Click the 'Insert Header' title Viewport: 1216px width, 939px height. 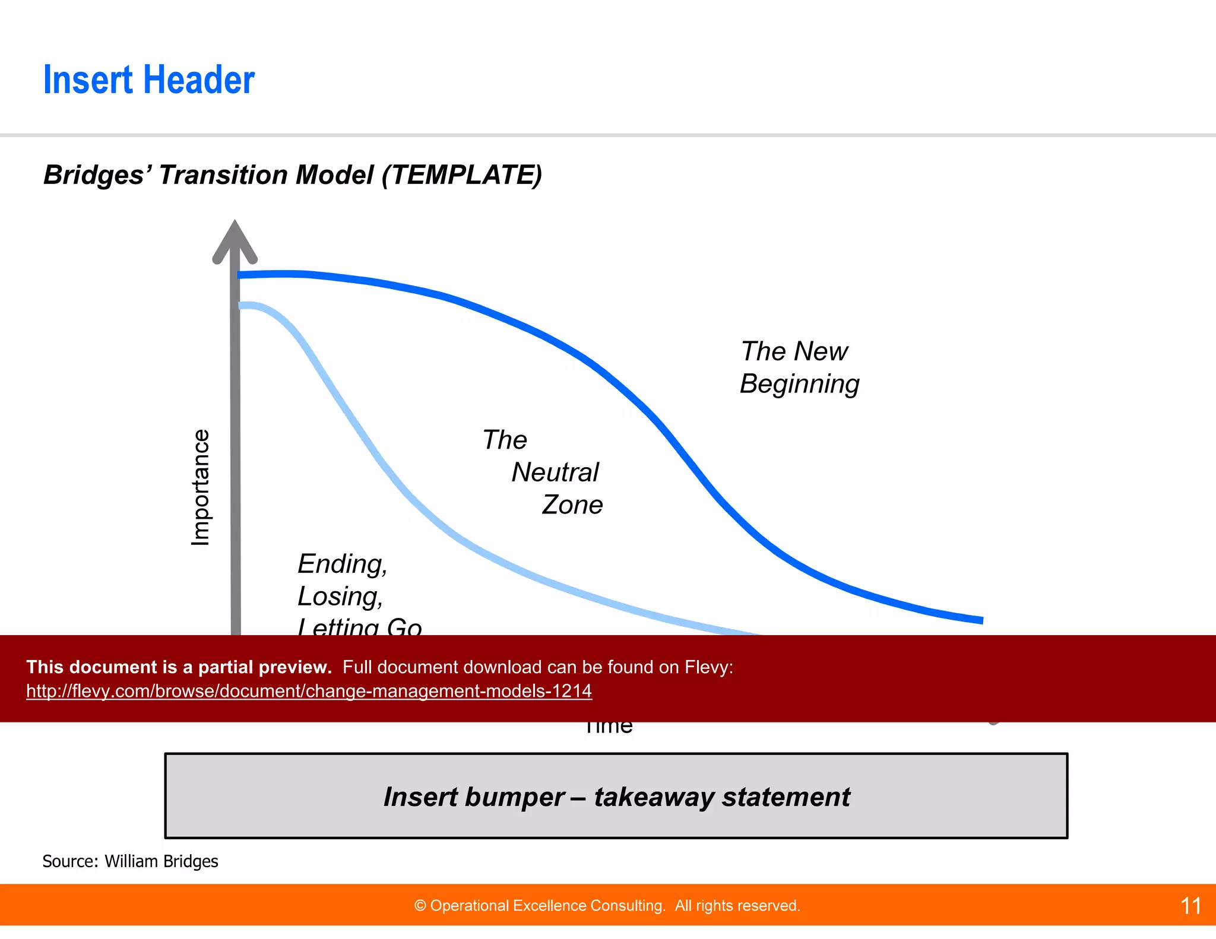[x=148, y=80]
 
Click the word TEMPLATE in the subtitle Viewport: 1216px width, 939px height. [x=462, y=175]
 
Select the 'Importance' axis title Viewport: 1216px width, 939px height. [x=201, y=487]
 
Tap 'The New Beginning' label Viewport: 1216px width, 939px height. [x=799, y=367]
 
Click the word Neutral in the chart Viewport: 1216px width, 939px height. [x=555, y=472]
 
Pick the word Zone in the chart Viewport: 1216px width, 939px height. [x=572, y=505]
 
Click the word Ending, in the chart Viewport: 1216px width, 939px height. [x=342, y=564]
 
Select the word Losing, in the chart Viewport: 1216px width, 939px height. [x=340, y=597]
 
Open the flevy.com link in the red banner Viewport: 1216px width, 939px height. [x=309, y=691]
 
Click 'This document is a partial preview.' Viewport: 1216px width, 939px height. [x=179, y=667]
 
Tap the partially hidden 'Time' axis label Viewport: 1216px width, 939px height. [x=609, y=728]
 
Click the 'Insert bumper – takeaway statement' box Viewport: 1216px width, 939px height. [x=616, y=796]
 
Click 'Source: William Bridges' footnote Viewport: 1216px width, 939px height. [x=130, y=861]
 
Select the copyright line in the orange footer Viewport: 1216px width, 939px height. [x=607, y=906]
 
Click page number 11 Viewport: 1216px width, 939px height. [x=1190, y=906]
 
